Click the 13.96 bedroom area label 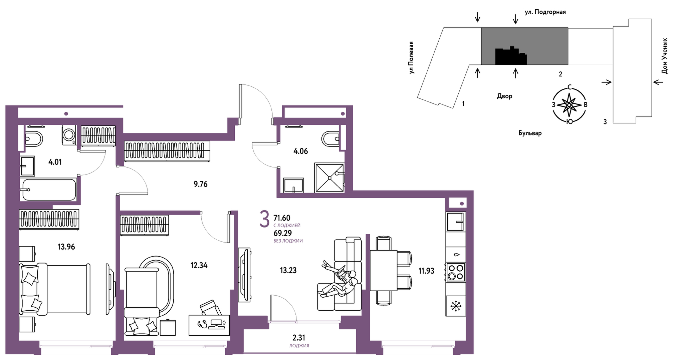tap(66, 247)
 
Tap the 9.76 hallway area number tap(200, 184)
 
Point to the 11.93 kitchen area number tap(426, 271)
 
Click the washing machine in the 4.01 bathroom tap(69, 135)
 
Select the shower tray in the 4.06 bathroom tap(329, 177)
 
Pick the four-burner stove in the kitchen tap(456, 272)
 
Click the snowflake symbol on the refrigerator tap(455, 306)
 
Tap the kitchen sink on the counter tap(455, 222)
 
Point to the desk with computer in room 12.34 tap(209, 325)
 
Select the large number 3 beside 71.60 tap(264, 219)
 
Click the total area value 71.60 tap(282, 218)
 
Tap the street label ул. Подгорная tap(545, 12)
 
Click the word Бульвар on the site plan tap(530, 133)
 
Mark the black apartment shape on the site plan tap(511, 56)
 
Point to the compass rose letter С tap(570, 87)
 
